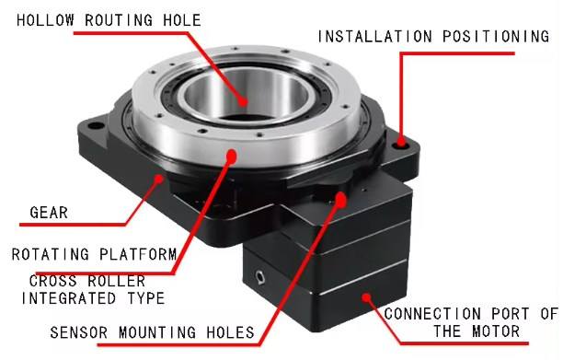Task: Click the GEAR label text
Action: (46, 213)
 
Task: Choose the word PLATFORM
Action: (134, 254)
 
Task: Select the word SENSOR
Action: (81, 331)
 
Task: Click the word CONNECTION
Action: (434, 314)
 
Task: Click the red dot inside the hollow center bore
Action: (244, 101)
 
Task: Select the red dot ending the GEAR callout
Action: (160, 178)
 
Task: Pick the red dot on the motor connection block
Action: (366, 296)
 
